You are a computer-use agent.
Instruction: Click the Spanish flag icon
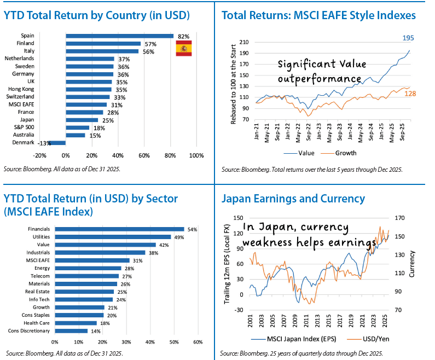click(183, 48)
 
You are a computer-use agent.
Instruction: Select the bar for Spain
click(119, 36)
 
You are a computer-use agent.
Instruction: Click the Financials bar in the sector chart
click(119, 229)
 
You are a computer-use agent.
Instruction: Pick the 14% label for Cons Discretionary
click(95, 330)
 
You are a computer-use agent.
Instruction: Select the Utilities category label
click(40, 237)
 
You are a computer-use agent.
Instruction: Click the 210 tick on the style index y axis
click(245, 42)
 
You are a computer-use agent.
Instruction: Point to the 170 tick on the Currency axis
click(399, 218)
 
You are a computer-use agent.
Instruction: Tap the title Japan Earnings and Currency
click(293, 198)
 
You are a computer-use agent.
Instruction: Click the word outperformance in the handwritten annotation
click(320, 78)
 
